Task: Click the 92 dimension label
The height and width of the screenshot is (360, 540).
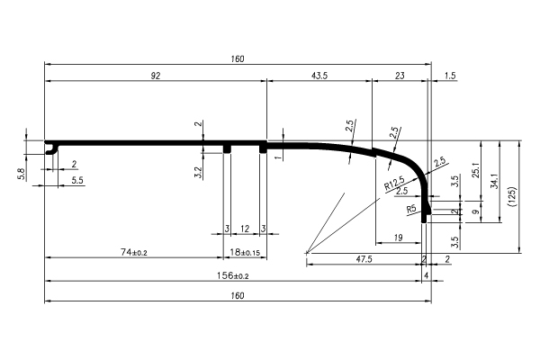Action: coord(156,76)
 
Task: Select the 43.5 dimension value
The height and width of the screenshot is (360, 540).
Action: coord(319,76)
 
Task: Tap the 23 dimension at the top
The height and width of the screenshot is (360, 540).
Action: coord(400,76)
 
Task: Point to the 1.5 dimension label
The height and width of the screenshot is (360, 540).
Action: coord(450,76)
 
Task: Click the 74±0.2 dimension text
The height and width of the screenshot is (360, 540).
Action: coord(134,252)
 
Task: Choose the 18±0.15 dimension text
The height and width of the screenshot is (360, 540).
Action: coord(245,252)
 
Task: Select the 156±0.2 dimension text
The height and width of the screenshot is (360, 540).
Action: coord(233,275)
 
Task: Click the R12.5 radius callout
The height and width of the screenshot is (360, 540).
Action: coord(394,183)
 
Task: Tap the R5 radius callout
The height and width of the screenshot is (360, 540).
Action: coord(411,209)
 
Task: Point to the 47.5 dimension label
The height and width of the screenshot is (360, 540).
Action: coord(364,259)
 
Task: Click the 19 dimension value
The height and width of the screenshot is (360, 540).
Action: coord(398,238)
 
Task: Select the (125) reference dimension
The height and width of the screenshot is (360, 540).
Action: coord(512,197)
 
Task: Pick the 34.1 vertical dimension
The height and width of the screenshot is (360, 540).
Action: coord(494,181)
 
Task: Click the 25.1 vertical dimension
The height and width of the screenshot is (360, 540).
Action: coord(476,170)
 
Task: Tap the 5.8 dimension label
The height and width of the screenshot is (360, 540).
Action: coord(22,174)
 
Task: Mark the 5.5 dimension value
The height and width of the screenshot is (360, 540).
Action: coord(77,181)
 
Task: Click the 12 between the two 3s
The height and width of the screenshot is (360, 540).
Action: coord(245,229)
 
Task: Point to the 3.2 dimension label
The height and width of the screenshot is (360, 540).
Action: coord(198,172)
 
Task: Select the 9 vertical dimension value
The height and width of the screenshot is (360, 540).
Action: coord(476,211)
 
